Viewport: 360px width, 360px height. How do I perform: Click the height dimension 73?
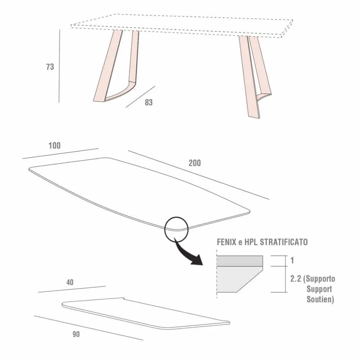point(50,67)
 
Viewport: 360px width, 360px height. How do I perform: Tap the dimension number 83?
point(148,103)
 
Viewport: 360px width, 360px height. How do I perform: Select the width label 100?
point(55,146)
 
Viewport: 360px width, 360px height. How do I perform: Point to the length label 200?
point(195,163)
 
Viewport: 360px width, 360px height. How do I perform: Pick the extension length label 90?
point(76,334)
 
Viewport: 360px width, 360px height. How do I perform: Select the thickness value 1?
point(292,261)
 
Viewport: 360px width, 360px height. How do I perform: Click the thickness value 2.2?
point(295,279)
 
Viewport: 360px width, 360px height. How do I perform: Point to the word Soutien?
point(320,300)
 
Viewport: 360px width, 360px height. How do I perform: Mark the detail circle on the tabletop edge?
point(176,228)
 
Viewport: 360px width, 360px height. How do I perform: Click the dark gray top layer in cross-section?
point(240,261)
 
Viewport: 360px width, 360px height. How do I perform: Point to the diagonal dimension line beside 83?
point(140,96)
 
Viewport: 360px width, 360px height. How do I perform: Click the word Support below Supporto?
point(319,290)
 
